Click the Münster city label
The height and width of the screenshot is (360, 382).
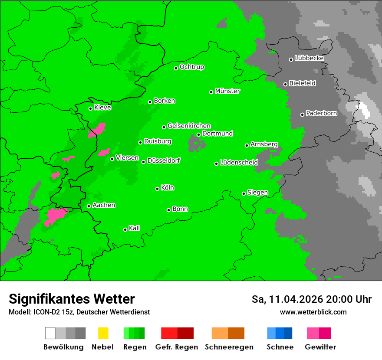pyautogui.click(x=227, y=91)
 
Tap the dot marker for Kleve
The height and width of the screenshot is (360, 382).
pyautogui.click(x=90, y=108)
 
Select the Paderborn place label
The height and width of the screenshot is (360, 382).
pyautogui.click(x=321, y=113)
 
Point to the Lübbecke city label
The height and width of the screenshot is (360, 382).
pyautogui.click(x=309, y=58)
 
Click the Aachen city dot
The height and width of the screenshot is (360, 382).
pyautogui.click(x=89, y=206)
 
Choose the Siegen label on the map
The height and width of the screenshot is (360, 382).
pyautogui.click(x=257, y=193)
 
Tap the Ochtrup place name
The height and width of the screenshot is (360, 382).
pyautogui.click(x=192, y=67)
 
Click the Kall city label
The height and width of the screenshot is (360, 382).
pyautogui.click(x=134, y=228)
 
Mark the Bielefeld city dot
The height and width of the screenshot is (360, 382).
pyautogui.click(x=285, y=84)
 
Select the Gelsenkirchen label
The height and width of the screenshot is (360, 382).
pyautogui.click(x=189, y=126)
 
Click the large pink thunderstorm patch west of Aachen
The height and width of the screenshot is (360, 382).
pyautogui.click(x=55, y=216)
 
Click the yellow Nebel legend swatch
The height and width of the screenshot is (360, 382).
pyautogui.click(x=103, y=333)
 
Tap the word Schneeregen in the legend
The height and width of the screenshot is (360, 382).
pyautogui.click(x=229, y=347)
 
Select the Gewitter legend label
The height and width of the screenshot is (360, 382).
pyautogui.click(x=320, y=347)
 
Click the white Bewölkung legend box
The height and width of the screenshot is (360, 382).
pyautogui.click(x=50, y=333)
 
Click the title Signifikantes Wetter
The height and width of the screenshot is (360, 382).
pyautogui.click(x=72, y=299)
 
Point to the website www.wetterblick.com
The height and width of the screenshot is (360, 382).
pyautogui.click(x=313, y=312)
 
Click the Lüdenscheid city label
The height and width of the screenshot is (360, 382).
pyautogui.click(x=239, y=163)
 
